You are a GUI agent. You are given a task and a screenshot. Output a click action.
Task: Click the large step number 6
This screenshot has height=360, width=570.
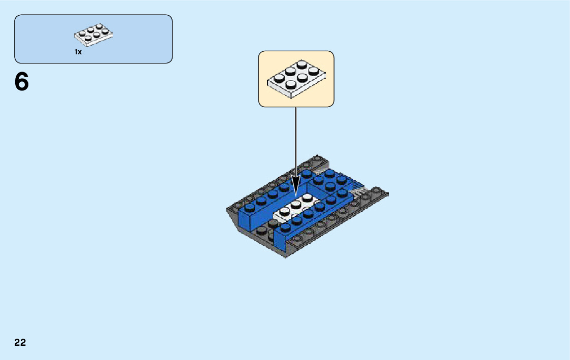tap(22, 82)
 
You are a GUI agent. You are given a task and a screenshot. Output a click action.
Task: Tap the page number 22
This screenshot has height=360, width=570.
tap(20, 343)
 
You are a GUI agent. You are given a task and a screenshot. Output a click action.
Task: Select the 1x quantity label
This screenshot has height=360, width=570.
tap(78, 52)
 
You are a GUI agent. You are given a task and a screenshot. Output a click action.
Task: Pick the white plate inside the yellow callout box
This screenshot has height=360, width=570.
tap(296, 79)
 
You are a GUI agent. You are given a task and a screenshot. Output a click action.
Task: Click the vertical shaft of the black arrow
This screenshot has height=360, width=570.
tap(296, 142)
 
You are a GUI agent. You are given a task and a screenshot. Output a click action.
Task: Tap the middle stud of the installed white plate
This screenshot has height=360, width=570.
tap(296, 205)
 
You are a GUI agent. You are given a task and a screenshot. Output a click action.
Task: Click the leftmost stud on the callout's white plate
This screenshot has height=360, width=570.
tap(278, 79)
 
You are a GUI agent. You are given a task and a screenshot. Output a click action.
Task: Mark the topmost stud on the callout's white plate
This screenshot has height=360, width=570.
tap(303, 64)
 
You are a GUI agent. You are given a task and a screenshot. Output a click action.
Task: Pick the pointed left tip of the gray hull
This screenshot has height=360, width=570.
tap(227, 209)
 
